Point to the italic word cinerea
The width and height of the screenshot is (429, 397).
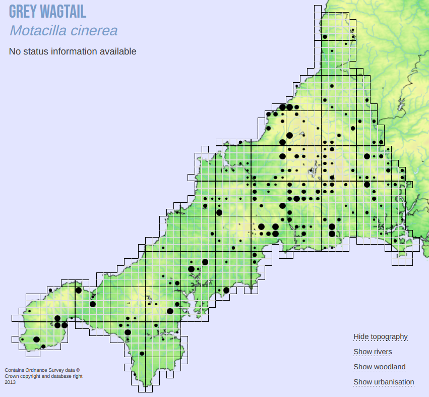94,30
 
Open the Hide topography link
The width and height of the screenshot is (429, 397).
381,336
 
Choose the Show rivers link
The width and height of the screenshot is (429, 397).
373,352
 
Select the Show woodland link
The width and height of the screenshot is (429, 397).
379,367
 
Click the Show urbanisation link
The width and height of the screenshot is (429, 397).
384,382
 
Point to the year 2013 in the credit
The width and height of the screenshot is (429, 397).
10,382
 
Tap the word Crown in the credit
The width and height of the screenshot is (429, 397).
12,376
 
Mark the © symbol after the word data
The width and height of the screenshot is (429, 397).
78,370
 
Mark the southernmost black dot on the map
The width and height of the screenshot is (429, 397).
142,353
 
